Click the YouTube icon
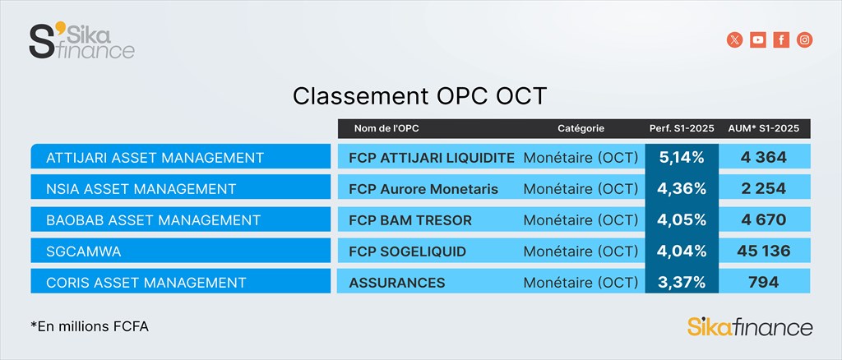(x=757, y=39)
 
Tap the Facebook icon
(x=781, y=39)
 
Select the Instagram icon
(x=804, y=39)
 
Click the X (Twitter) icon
(x=734, y=39)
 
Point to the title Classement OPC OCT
(x=420, y=96)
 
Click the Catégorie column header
(x=581, y=129)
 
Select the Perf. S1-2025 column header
(x=682, y=129)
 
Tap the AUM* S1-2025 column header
(x=763, y=129)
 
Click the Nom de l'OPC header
(x=386, y=129)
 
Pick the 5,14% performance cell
(x=681, y=158)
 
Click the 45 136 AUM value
(x=764, y=251)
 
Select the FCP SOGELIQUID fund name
(x=407, y=252)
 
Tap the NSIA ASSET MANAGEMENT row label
(x=141, y=189)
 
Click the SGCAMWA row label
(x=84, y=252)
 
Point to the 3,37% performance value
(x=681, y=282)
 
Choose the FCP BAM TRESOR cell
(x=410, y=220)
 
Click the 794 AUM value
(x=763, y=282)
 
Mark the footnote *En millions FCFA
(x=90, y=326)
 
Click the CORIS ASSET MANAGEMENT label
(x=146, y=283)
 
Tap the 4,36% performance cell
(x=681, y=189)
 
